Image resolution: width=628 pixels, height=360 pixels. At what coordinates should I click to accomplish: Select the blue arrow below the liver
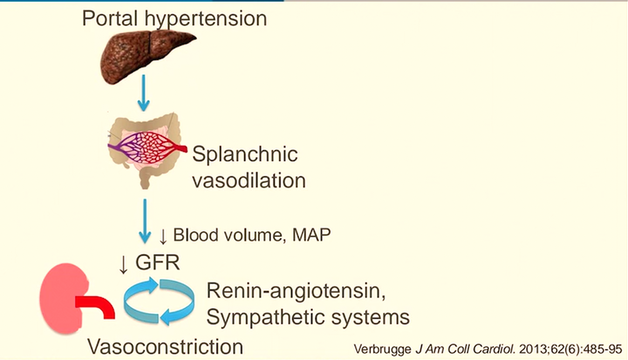coord(144,92)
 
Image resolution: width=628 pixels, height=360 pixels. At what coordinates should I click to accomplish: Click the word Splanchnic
coord(245,155)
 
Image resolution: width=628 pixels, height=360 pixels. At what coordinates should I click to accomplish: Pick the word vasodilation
coord(249,180)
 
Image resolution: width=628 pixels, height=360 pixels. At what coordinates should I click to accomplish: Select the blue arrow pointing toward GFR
coord(145,221)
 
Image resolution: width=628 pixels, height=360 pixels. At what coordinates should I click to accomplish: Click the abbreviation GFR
coord(157,263)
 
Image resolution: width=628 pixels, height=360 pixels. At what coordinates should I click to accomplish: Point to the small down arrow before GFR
coord(124,263)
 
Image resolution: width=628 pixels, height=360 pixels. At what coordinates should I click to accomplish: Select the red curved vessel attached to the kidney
coord(97,306)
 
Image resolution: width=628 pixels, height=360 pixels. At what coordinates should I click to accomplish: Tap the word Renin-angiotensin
coord(296,292)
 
